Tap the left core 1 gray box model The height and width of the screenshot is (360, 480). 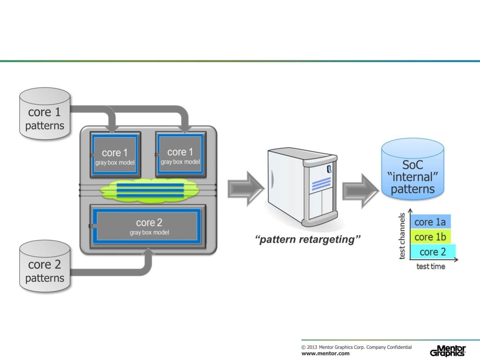[115, 155]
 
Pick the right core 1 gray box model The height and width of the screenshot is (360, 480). [180, 154]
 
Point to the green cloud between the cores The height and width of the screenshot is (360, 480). [150, 191]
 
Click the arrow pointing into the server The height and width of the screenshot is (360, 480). [245, 188]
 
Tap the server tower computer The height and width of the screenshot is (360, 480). [302, 188]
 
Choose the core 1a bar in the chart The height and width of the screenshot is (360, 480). [430, 222]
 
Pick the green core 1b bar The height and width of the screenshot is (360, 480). [430, 237]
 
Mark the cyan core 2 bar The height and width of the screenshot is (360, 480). [433, 252]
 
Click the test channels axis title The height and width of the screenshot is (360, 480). [402, 236]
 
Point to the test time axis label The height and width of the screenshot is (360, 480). [431, 267]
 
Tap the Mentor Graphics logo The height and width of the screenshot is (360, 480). [448, 351]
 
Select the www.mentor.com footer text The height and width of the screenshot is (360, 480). [325, 353]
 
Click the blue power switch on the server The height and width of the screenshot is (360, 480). [329, 169]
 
